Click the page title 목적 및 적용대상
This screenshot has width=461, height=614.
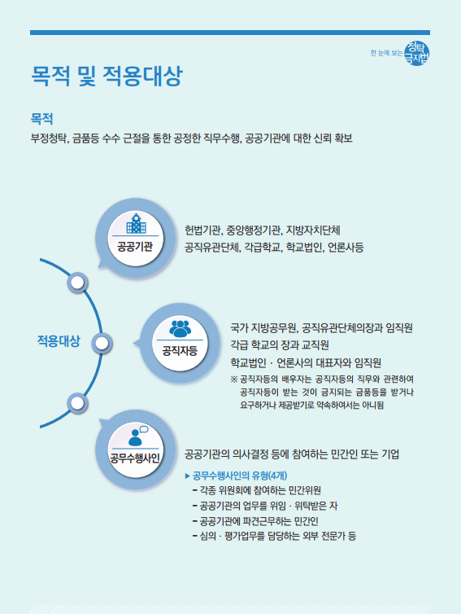click(x=107, y=76)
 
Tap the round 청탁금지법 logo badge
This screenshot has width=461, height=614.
click(x=417, y=53)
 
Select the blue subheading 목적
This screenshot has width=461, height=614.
click(x=41, y=119)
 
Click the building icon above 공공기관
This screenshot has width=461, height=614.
click(x=135, y=224)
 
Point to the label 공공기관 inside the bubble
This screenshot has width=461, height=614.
click(x=135, y=247)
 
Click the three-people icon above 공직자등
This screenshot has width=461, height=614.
click(x=180, y=328)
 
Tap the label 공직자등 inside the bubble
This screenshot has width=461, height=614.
click(x=180, y=350)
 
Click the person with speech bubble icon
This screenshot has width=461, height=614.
click(x=137, y=436)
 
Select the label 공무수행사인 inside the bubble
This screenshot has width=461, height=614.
click(x=135, y=458)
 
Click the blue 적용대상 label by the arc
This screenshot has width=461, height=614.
click(x=59, y=340)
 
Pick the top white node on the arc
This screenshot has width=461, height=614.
click(x=77, y=283)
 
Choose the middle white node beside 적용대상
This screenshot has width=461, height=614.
click(x=102, y=344)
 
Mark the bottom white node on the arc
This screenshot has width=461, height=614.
click(x=77, y=402)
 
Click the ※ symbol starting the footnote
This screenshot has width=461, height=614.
click(x=234, y=379)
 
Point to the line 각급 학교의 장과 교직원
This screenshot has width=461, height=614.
click(x=280, y=345)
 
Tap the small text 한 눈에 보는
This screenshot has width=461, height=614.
click(x=386, y=53)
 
